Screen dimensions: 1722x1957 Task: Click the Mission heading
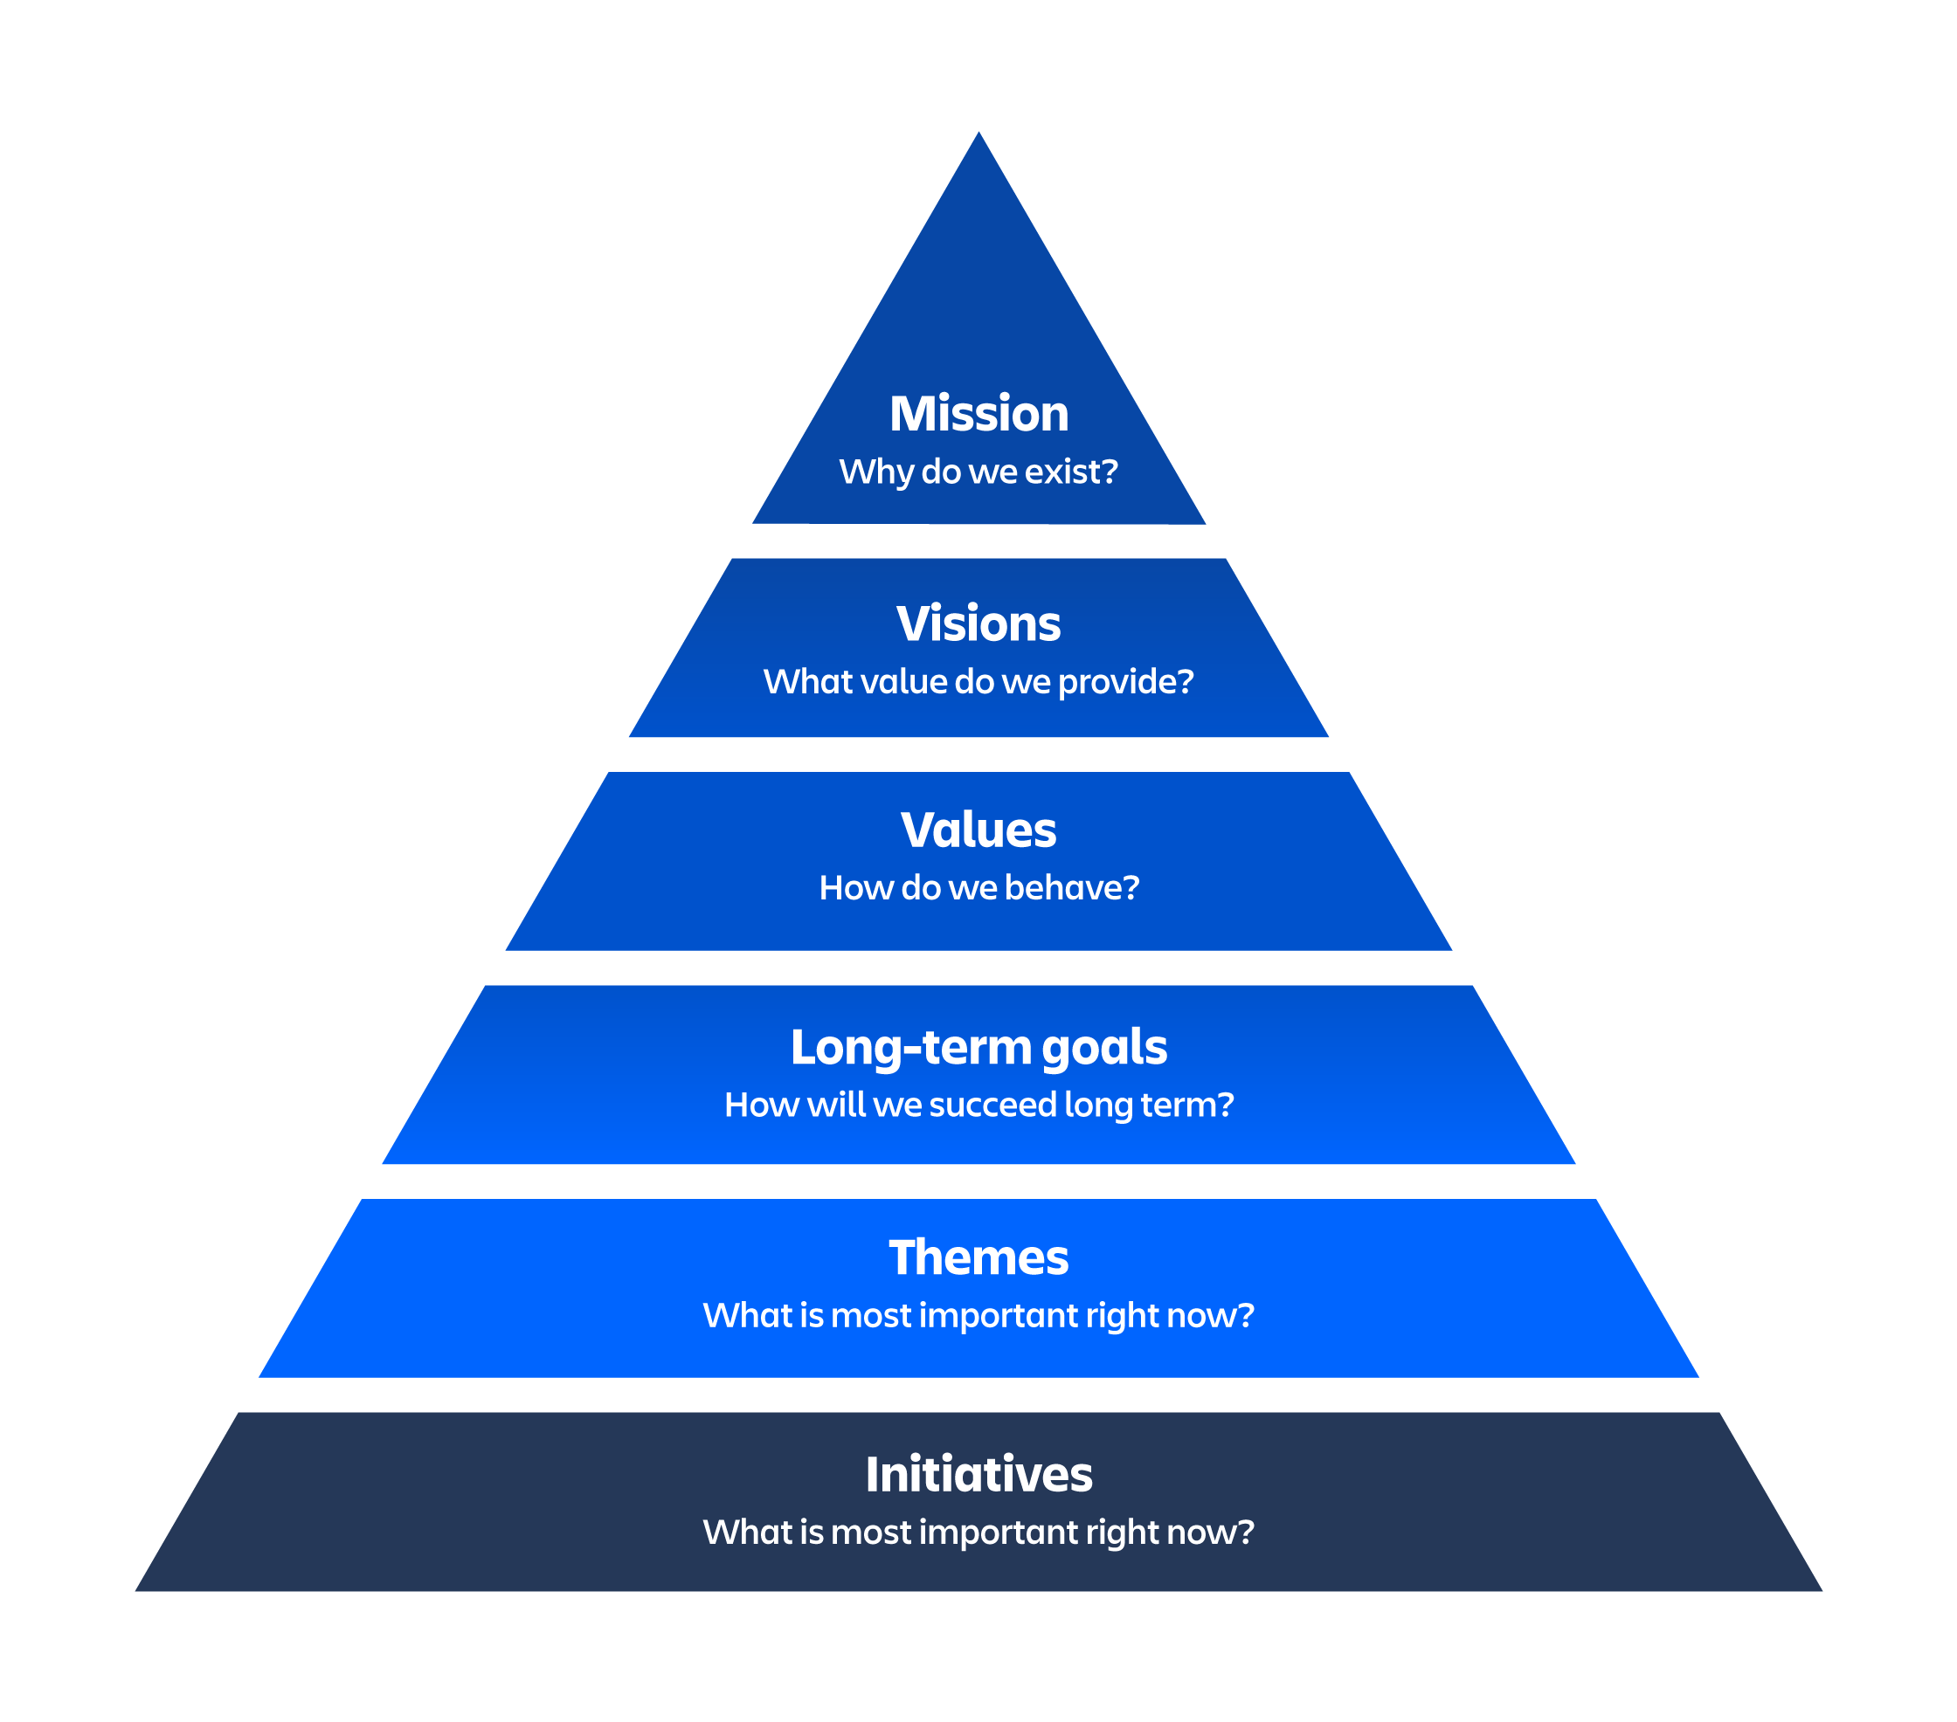point(978,414)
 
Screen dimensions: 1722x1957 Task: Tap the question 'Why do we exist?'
point(978,472)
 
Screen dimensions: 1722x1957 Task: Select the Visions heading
point(978,624)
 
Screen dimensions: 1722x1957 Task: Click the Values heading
point(978,830)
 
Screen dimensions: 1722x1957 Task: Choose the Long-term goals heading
point(978,1047)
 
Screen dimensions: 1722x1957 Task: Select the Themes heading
point(978,1257)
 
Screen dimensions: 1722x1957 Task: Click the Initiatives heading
point(978,1474)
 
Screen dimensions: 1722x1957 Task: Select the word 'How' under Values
point(842,888)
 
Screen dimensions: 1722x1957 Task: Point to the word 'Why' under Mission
point(875,472)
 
